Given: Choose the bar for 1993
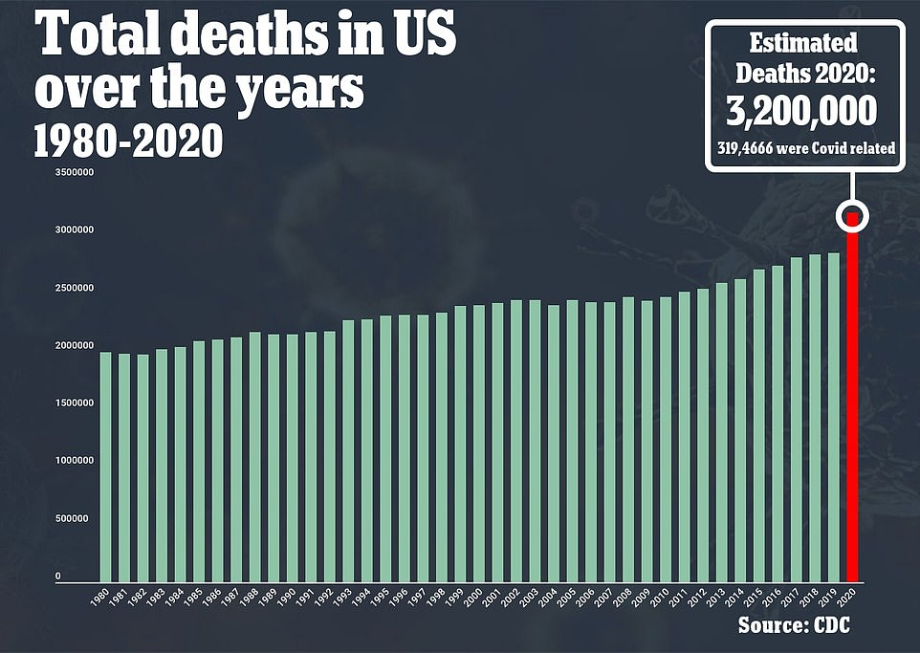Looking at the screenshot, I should (x=348, y=450).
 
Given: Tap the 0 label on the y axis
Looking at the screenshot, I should (x=57, y=577).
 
